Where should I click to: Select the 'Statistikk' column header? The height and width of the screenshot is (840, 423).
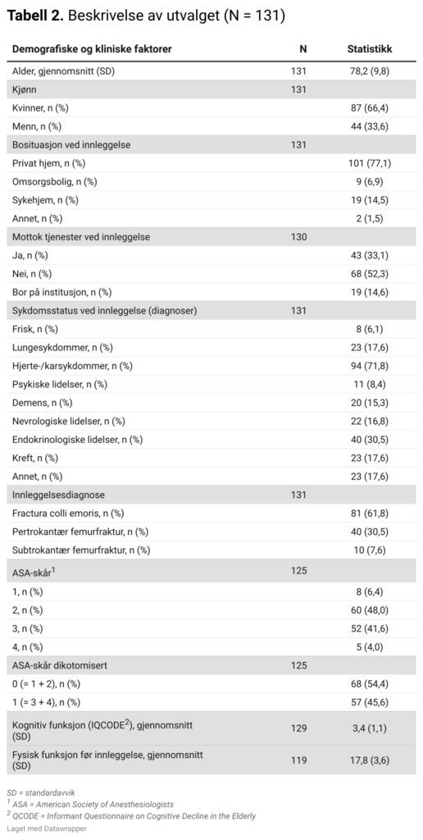(x=369, y=49)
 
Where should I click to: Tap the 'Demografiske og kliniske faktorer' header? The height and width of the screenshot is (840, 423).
(x=92, y=49)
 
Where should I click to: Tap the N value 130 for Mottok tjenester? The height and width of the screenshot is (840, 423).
(x=298, y=237)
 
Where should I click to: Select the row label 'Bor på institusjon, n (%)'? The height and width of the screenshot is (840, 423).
(x=62, y=292)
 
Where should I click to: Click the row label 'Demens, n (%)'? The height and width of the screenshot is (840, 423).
(x=43, y=403)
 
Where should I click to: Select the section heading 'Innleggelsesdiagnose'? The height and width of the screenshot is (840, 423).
(x=58, y=495)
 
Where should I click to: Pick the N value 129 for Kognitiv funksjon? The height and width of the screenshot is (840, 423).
(x=298, y=728)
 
